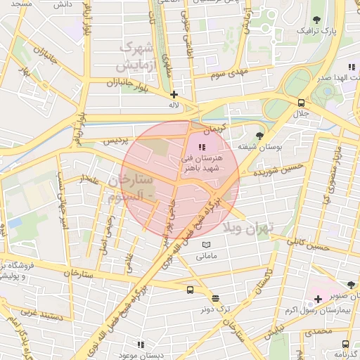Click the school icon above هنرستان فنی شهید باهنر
tap(202, 147)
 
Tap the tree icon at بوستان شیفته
tap(260, 135)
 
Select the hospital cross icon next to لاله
tap(174, 94)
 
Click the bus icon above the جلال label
tap(301, 101)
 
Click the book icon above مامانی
tap(206, 245)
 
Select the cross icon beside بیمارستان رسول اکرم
tap(318, 300)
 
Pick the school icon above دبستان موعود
tap(141, 345)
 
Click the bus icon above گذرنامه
tap(345, 344)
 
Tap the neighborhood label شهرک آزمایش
tap(136, 56)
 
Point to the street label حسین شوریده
tap(262, 169)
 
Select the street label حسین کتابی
tap(312, 244)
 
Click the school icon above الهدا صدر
tap(352, 67)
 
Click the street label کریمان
tap(216, 131)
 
